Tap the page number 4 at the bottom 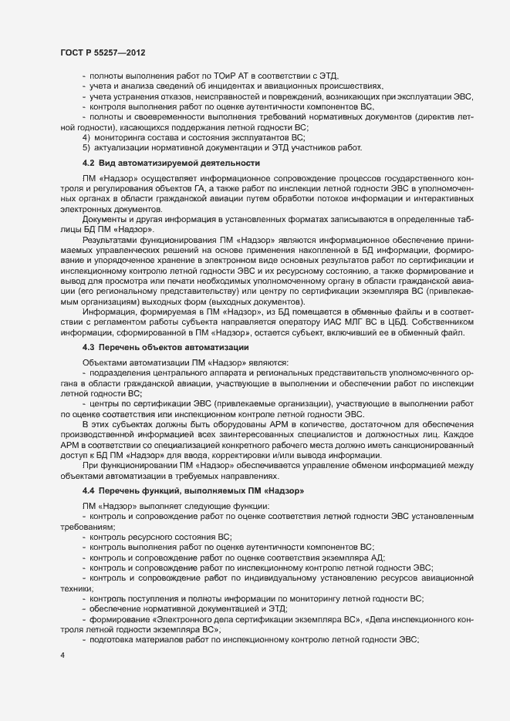62,655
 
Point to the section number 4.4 88,491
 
